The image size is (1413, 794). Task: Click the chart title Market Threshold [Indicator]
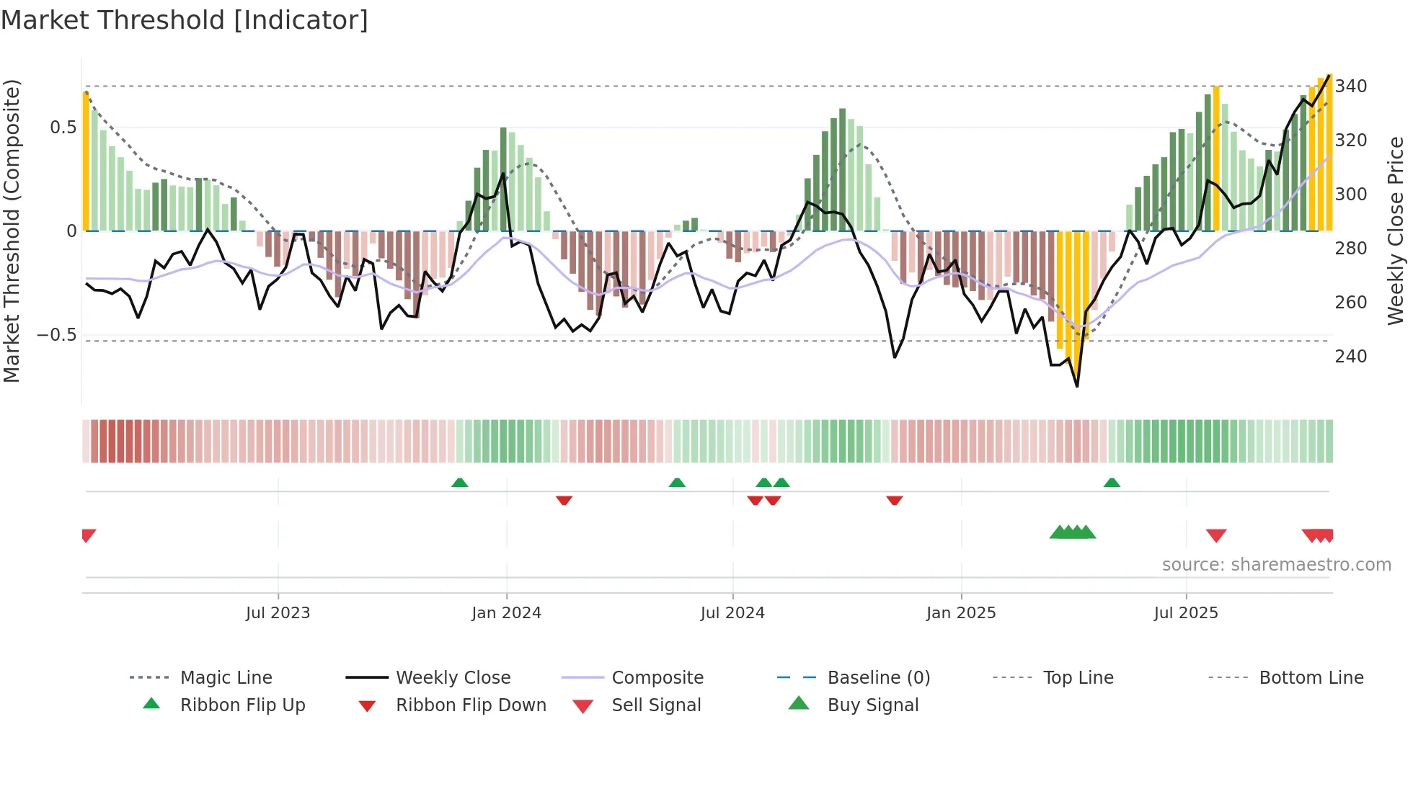(185, 20)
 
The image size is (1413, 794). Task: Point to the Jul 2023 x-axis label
(278, 613)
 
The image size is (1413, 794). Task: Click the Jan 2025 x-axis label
(961, 613)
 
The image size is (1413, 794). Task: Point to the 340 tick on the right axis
(1350, 86)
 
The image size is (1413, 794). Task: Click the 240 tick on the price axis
(1350, 357)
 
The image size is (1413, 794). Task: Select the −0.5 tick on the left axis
(57, 335)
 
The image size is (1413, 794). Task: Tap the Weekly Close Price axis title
(1396, 231)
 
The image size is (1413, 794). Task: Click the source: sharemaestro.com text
(1276, 565)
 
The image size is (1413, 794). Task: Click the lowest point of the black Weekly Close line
(1077, 386)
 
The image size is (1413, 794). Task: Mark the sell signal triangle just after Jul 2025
(1216, 535)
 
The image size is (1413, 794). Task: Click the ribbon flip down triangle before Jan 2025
(895, 500)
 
